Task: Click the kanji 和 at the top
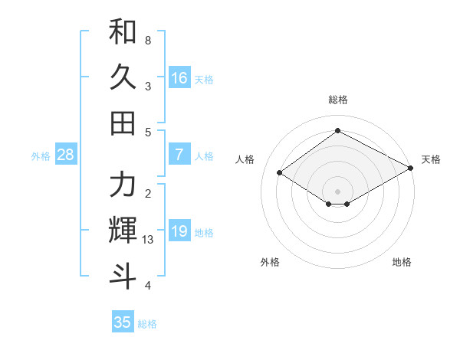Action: [123, 33]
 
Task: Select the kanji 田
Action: [123, 122]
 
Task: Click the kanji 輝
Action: [123, 230]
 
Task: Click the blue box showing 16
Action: [179, 78]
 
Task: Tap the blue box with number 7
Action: [179, 155]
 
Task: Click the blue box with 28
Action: [66, 155]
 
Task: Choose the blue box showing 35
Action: [123, 322]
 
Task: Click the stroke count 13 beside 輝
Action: [149, 240]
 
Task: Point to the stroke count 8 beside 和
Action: [148, 39]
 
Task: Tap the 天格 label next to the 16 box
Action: [204, 80]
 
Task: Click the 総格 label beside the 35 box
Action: [147, 324]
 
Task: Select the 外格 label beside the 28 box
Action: [41, 156]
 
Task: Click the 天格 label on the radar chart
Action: [431, 159]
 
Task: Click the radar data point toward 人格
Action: [280, 173]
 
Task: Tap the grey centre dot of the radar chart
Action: [337, 190]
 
